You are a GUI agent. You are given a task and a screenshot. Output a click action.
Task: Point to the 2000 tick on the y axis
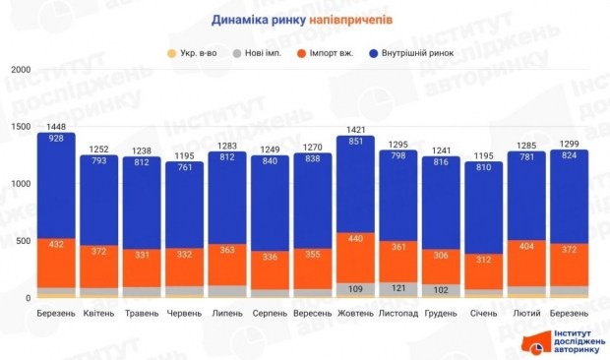click(x=20, y=71)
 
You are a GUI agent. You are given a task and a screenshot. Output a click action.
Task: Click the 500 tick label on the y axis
click(x=23, y=241)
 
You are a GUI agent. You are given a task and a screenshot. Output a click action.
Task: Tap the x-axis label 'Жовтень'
click(x=355, y=313)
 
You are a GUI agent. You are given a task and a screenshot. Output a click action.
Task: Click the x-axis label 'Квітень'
click(x=100, y=313)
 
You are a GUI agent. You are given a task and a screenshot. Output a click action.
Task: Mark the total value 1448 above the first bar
click(x=56, y=127)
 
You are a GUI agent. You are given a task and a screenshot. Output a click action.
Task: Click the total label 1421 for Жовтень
click(x=355, y=129)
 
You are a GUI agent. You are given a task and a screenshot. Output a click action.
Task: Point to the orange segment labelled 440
click(x=355, y=258)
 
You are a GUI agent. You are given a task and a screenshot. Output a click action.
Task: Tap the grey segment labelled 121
click(x=397, y=289)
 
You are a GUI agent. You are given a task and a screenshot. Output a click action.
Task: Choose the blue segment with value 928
click(x=56, y=187)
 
